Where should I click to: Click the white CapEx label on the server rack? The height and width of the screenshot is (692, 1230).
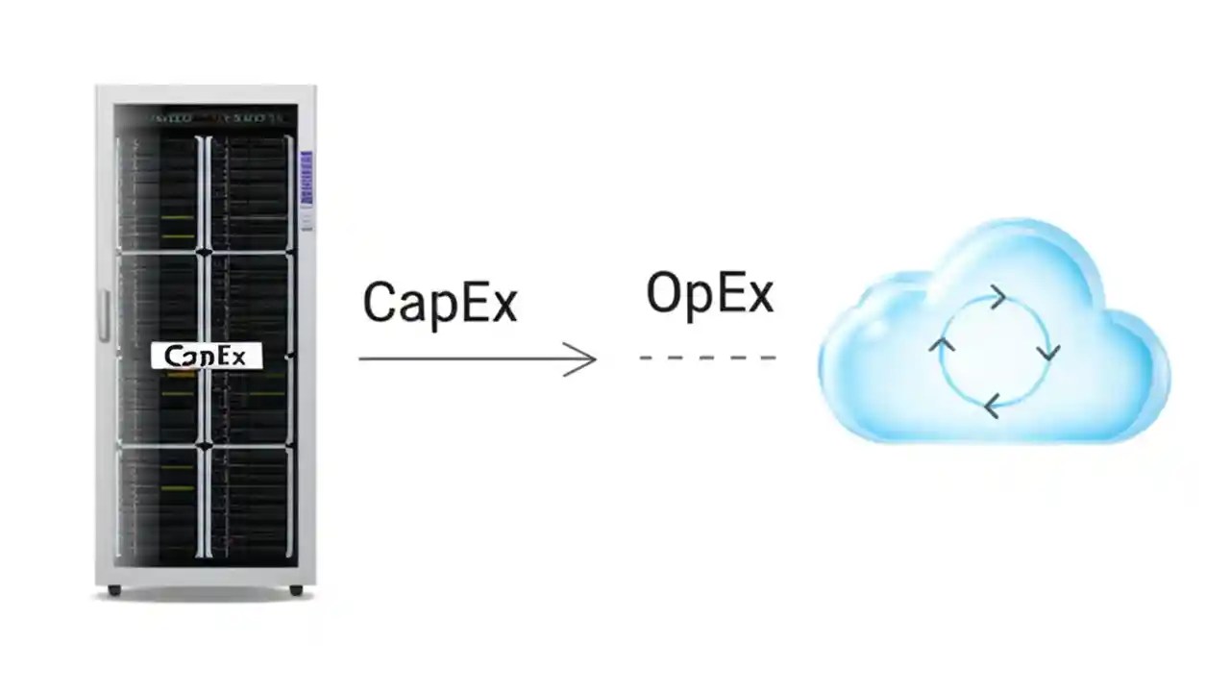point(206,357)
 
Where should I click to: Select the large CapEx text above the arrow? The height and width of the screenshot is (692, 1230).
point(440,302)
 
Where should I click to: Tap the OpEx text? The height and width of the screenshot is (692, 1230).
point(709,293)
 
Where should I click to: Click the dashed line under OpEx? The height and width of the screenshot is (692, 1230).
point(707,358)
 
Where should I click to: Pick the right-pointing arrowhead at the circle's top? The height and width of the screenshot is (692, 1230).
point(998,297)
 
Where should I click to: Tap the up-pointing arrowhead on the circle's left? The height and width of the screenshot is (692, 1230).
point(943,343)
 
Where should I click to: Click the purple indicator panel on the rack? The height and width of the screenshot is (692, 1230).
point(307,177)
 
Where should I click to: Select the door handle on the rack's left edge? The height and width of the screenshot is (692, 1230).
point(103,317)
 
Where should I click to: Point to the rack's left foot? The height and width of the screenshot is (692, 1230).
point(114,590)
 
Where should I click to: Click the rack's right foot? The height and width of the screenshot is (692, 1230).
point(296,590)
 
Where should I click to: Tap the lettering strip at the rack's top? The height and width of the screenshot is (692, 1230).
point(217,119)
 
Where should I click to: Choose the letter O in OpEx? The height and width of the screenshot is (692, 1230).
point(664,293)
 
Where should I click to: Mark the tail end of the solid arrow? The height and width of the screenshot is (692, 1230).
point(362,358)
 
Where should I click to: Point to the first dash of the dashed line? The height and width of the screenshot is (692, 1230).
point(647,358)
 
